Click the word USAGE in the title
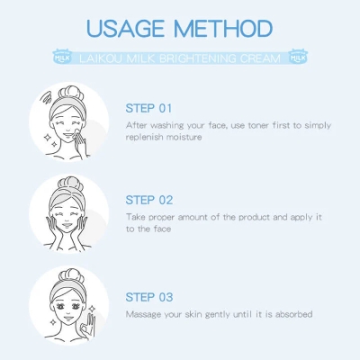(x=125, y=29)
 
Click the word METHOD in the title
(x=223, y=29)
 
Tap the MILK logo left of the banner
(x=62, y=57)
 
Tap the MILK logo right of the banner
(x=298, y=57)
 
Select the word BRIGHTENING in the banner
(x=198, y=58)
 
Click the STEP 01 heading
(x=148, y=108)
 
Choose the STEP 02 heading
(x=149, y=200)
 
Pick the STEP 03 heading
(x=149, y=297)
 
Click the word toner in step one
(x=259, y=125)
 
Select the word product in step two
(x=255, y=217)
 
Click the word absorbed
(x=294, y=314)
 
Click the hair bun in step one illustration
(x=71, y=93)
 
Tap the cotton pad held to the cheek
(x=76, y=132)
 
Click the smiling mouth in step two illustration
(x=67, y=225)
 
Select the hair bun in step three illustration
(x=71, y=275)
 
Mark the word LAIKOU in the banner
(x=101, y=58)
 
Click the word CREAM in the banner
(x=260, y=58)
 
